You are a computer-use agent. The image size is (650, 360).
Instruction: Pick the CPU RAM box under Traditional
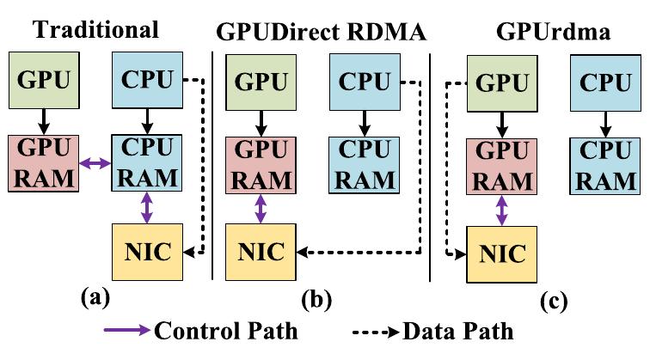pos(145,162)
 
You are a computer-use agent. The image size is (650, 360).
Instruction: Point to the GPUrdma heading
pos(543,34)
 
